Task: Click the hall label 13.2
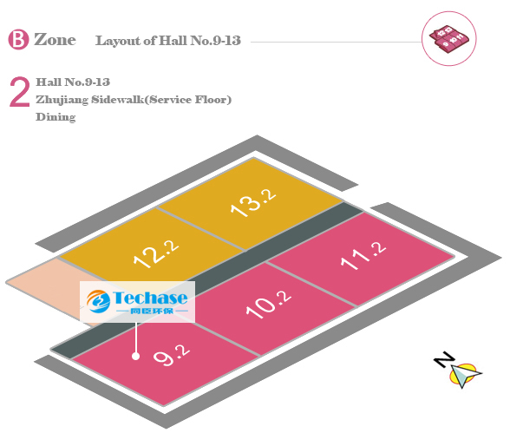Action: [253, 202]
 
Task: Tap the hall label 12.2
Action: [156, 253]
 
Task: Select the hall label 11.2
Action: [363, 256]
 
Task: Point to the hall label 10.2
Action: [269, 304]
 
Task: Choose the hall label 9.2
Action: [172, 355]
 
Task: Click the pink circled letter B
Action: [18, 39]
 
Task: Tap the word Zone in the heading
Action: [55, 40]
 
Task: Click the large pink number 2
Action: [19, 92]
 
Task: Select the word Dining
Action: [56, 117]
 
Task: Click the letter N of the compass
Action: [444, 359]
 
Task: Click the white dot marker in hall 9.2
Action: [135, 357]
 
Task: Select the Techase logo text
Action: [150, 298]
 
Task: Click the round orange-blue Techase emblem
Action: [98, 301]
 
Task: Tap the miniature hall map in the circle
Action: [449, 39]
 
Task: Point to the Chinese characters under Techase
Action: [152, 311]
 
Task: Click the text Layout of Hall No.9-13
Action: [168, 41]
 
